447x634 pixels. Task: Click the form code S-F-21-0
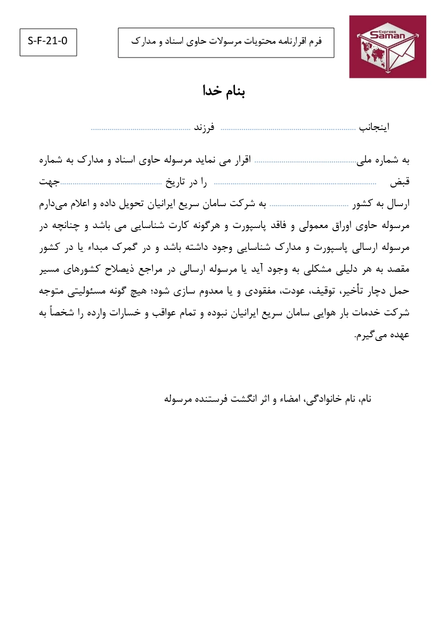pos(48,42)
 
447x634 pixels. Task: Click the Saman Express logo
pos(387,47)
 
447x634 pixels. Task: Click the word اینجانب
pos(374,128)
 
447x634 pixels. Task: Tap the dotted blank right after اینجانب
pos(288,129)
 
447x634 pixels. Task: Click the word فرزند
pos(203,128)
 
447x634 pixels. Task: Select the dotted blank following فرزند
pos(141,129)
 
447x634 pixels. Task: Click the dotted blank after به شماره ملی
pos(305,161)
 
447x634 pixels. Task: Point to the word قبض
pos(399,182)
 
